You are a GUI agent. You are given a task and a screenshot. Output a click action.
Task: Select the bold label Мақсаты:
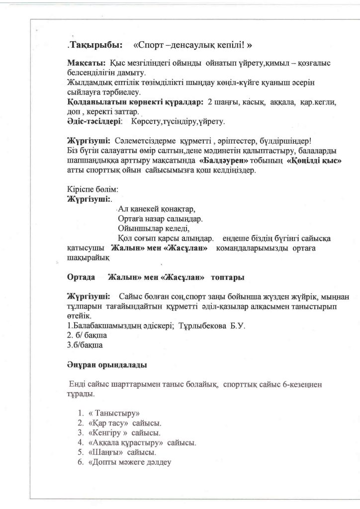[x=85, y=65]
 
